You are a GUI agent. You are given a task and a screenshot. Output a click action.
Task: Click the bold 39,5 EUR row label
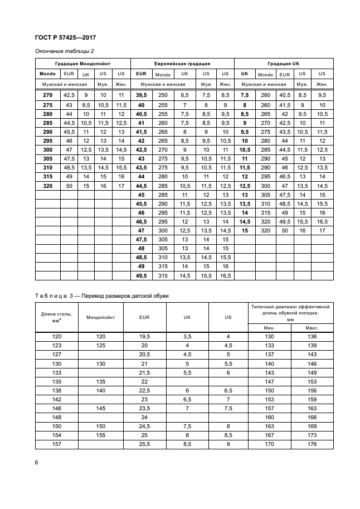[141, 95]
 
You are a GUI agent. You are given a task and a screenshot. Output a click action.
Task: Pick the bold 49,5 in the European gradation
[141, 275]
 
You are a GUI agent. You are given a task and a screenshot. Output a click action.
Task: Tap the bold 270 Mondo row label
[47, 95]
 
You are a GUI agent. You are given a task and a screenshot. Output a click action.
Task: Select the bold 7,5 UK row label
[245, 95]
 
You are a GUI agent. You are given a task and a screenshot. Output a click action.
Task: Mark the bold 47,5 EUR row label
[141, 239]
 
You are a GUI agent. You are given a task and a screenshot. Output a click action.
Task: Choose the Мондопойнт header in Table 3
[101, 317]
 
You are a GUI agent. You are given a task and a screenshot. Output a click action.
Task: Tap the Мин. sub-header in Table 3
[269, 327]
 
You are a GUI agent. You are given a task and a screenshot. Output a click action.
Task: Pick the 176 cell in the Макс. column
[312, 445]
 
